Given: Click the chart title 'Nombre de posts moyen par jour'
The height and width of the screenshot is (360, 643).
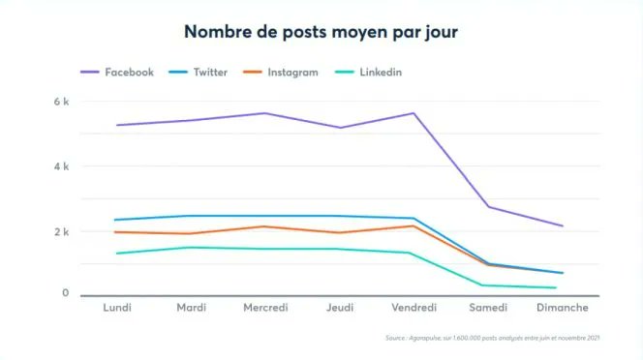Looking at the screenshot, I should (321, 32).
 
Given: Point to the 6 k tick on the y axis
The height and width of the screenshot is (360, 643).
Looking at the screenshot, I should (61, 102).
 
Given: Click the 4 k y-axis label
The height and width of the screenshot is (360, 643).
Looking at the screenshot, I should (61, 166).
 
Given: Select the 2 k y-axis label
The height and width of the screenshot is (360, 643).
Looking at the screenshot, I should (61, 232).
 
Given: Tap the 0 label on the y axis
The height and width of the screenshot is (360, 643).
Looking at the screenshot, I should (65, 293).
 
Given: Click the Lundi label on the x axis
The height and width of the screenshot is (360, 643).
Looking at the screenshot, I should (117, 308).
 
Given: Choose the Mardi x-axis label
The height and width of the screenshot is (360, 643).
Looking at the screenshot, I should (192, 308).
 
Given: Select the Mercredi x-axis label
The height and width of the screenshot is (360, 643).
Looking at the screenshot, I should (265, 308).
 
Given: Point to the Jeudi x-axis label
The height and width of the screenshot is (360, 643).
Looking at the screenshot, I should (340, 308).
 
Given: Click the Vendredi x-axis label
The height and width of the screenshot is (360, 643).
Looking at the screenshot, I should (413, 308).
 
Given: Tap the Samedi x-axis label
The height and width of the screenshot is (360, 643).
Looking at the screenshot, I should (488, 308).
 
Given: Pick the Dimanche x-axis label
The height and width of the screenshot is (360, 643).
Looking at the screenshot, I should (563, 308).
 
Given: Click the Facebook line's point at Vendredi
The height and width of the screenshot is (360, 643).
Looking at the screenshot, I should (413, 113).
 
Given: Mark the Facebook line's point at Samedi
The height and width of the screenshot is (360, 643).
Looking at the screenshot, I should (488, 206).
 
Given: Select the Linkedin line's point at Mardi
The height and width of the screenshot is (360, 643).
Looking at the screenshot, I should (192, 247).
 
